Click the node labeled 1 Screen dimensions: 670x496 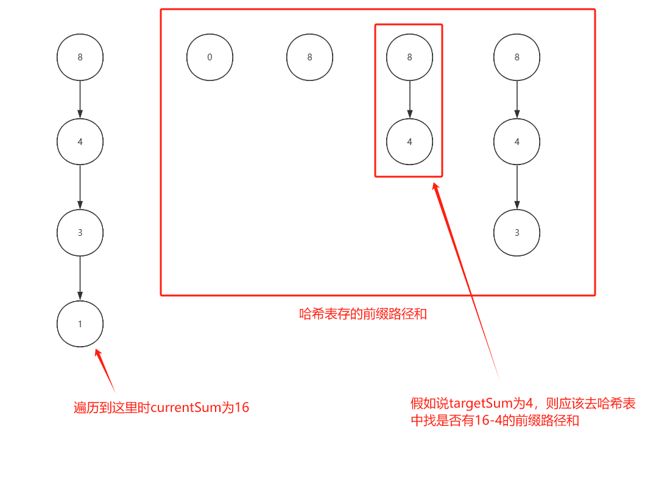coord(80,324)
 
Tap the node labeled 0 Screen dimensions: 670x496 coord(210,57)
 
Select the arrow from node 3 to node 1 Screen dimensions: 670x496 coord(80,278)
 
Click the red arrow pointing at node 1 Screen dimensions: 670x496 coord(105,370)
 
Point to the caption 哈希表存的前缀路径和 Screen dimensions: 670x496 coord(363,314)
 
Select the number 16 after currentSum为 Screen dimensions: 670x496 coord(241,408)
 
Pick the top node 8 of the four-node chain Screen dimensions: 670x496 coord(80,57)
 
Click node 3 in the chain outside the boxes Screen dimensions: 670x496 coord(80,233)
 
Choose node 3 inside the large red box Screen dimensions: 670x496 coord(517,233)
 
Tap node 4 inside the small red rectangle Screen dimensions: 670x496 coord(409,141)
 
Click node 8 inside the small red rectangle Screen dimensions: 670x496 coord(409,57)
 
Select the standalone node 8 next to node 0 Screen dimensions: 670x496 coord(310,57)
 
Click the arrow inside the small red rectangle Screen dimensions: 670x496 coord(409,100)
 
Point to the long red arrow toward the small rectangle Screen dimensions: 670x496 coord(466,281)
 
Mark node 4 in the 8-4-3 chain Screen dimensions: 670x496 coord(517,141)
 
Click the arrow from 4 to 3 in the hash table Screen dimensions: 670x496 coord(517,187)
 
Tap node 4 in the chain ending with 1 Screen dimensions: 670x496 coord(80,141)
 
